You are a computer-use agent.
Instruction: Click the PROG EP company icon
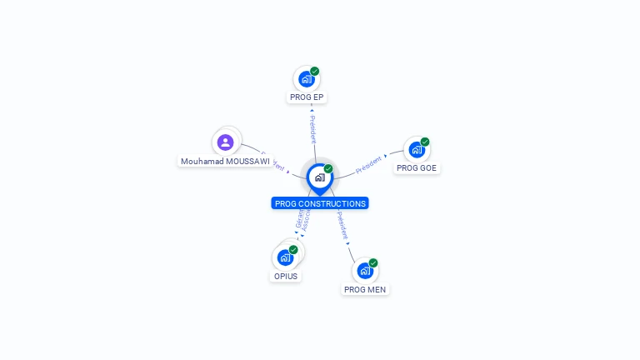[x=306, y=79]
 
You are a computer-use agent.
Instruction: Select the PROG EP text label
[x=307, y=97]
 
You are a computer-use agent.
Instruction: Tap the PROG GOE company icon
[x=416, y=150]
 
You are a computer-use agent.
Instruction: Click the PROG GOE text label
[x=417, y=168]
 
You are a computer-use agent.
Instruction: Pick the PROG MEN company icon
[x=364, y=271]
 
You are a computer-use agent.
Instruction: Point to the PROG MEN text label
[x=365, y=290]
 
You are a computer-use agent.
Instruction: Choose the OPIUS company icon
[x=286, y=257]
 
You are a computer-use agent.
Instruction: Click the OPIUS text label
[x=286, y=277]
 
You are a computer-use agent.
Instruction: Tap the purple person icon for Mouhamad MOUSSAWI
[x=225, y=142]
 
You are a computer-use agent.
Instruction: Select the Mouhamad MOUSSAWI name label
[x=225, y=162]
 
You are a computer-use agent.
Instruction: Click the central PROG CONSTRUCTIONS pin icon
[x=319, y=177]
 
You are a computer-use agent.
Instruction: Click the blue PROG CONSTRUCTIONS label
[x=320, y=203]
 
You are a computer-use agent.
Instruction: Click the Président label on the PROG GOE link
[x=368, y=164]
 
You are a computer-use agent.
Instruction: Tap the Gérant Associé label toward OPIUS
[x=302, y=218]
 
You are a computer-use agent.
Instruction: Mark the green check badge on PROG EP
[x=315, y=72]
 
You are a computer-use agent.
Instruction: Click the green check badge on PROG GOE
[x=425, y=142]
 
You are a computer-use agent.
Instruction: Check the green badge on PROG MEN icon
[x=373, y=263]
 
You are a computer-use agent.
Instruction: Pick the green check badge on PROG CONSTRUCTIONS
[x=328, y=169]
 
